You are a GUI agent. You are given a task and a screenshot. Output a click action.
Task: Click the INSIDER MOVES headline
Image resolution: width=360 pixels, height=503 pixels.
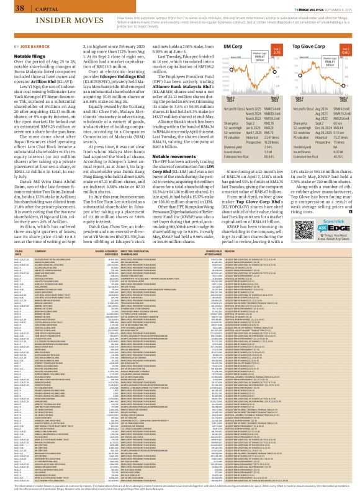[x=37, y=20]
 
